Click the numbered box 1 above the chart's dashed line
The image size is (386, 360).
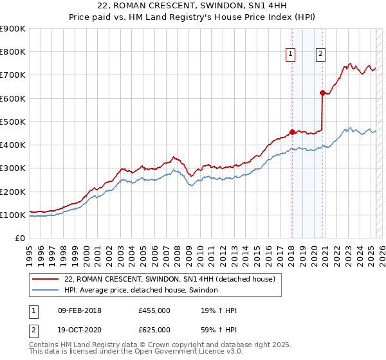291,55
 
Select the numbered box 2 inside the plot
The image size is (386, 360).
320,55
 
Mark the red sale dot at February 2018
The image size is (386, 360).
292,132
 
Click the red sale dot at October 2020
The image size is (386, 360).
322,93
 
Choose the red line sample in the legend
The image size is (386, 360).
46,279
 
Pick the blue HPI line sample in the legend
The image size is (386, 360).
46,291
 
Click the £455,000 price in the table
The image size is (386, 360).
154,311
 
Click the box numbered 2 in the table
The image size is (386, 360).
32,330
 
